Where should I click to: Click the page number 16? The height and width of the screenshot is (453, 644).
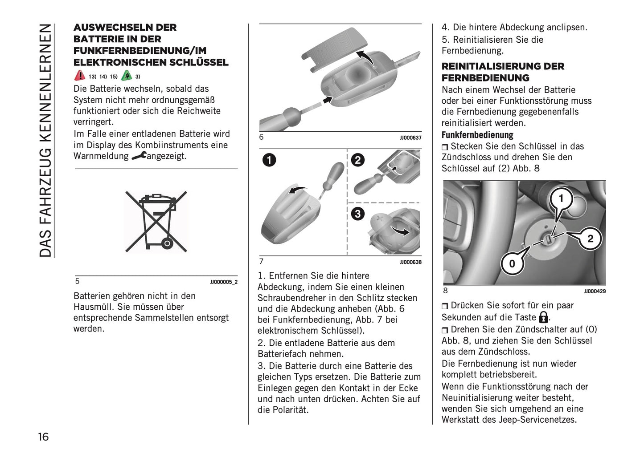click(43, 437)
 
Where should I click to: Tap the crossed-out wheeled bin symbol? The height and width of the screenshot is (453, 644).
click(156, 222)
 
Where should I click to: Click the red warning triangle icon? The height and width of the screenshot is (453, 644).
click(80, 75)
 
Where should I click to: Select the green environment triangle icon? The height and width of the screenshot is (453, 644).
click(127, 75)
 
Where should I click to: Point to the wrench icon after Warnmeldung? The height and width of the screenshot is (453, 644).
click(139, 156)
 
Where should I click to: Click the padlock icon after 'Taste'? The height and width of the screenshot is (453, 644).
click(543, 317)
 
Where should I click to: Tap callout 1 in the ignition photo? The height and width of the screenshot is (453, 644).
click(561, 198)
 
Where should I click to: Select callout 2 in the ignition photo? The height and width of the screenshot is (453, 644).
click(590, 239)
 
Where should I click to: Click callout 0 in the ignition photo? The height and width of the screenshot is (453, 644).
click(512, 263)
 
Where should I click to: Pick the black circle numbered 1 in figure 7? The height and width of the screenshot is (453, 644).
click(269, 160)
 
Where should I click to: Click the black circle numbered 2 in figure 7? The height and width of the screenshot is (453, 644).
click(358, 160)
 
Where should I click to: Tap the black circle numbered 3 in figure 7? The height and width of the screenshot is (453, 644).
click(357, 214)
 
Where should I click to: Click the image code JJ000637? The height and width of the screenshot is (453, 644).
click(410, 138)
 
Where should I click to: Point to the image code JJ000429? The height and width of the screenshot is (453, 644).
click(595, 291)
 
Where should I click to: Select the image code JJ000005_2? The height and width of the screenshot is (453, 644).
click(224, 282)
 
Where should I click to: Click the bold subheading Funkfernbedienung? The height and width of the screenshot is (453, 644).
click(477, 135)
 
